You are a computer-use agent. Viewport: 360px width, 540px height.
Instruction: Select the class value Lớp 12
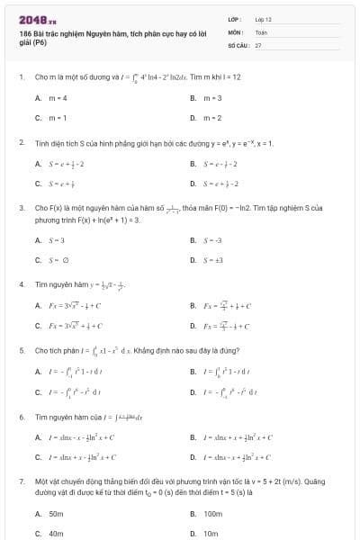[263, 18]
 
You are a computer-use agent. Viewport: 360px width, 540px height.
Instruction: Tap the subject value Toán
[261, 31]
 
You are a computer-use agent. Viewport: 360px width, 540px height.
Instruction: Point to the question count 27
[258, 43]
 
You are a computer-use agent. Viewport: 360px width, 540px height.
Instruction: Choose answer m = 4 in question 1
[59, 97]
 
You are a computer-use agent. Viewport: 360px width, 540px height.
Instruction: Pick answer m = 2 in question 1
[212, 117]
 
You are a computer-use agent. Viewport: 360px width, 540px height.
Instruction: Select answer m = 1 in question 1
[59, 117]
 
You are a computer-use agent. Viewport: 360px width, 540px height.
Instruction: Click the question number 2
[21, 142]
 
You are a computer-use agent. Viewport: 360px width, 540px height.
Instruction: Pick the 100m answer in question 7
[212, 513]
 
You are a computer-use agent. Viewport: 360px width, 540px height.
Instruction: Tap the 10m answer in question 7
[211, 533]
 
